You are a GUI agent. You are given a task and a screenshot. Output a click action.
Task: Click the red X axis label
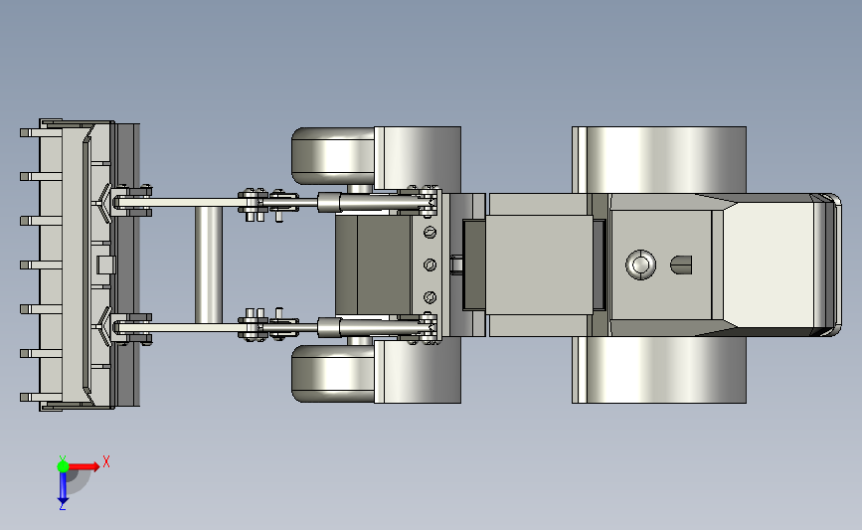106,461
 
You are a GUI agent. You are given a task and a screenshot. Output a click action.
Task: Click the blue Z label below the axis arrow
62,506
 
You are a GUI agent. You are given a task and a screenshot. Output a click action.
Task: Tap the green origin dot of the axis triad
63,466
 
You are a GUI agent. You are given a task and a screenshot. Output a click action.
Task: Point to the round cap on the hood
640,265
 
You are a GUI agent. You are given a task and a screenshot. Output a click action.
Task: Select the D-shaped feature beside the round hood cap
681,265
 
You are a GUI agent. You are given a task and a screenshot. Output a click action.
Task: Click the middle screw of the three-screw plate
430,265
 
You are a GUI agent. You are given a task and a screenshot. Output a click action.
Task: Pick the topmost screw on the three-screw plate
430,233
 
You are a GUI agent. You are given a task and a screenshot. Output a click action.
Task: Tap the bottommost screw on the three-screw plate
430,297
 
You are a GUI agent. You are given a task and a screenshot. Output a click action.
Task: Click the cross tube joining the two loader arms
209,265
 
